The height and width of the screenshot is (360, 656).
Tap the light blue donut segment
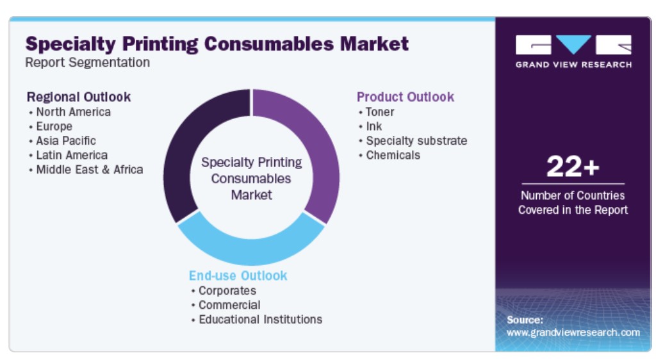[x=251, y=247]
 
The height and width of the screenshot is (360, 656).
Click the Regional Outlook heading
[x=79, y=97]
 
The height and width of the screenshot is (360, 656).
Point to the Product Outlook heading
[x=406, y=97]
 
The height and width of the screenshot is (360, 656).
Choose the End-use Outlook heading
[x=238, y=275]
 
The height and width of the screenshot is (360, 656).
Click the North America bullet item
[x=73, y=112]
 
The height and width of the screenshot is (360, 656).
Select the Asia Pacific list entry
[x=66, y=140]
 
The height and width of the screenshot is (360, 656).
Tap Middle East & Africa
[x=90, y=169]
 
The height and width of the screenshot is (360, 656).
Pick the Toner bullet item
[x=380, y=112]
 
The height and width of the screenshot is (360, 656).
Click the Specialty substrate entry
[x=416, y=141]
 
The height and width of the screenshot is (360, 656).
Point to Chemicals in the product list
[x=393, y=155]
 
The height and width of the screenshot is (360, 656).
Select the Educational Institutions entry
[x=261, y=320]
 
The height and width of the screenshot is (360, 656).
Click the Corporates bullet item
[x=227, y=291]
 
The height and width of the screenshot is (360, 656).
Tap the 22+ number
[x=573, y=167]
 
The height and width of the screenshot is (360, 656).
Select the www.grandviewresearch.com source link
[x=573, y=332]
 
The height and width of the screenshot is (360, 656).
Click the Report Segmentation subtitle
[x=87, y=62]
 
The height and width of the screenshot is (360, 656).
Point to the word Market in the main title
[x=374, y=44]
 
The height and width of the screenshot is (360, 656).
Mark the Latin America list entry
[x=72, y=155]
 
